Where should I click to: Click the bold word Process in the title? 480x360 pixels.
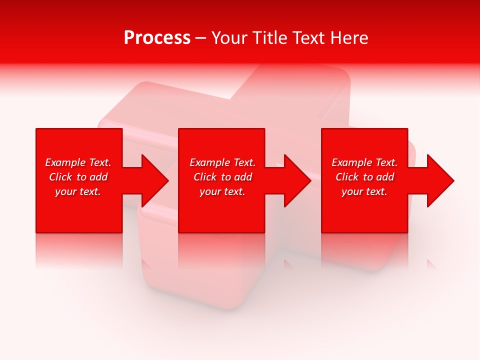pyautogui.click(x=157, y=38)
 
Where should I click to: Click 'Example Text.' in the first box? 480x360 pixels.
pyautogui.click(x=78, y=162)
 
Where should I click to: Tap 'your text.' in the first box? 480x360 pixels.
pyautogui.click(x=78, y=191)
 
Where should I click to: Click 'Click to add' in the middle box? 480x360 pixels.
pyautogui.click(x=222, y=177)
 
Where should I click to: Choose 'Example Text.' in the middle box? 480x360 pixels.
pyautogui.click(x=222, y=162)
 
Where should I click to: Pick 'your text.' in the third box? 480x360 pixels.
pyautogui.click(x=364, y=191)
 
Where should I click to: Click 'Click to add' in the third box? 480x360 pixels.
pyautogui.click(x=364, y=177)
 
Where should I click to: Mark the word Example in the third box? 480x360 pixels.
pyautogui.click(x=352, y=162)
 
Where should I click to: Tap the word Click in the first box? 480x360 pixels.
pyautogui.click(x=60, y=177)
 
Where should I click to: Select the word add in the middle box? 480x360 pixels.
pyautogui.click(x=243, y=177)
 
